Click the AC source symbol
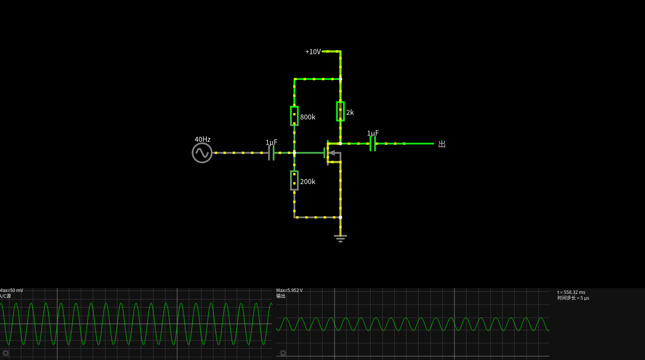click(x=202, y=153)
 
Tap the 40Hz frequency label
click(x=202, y=139)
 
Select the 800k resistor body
click(x=294, y=116)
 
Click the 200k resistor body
click(x=294, y=181)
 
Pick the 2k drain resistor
click(x=340, y=111)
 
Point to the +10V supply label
click(x=313, y=51)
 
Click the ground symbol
click(x=340, y=239)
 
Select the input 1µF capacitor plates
click(x=271, y=153)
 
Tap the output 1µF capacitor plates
click(x=373, y=143)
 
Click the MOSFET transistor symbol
click(x=332, y=153)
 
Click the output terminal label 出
click(x=442, y=144)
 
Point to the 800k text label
click(x=308, y=117)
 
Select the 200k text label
click(x=308, y=181)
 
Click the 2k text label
click(x=350, y=112)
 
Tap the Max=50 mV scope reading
click(x=12, y=290)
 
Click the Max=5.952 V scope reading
click(x=289, y=290)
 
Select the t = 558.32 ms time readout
click(x=571, y=292)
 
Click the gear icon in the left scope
click(x=6, y=353)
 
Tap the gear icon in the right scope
click(x=283, y=353)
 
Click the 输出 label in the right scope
click(x=281, y=296)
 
